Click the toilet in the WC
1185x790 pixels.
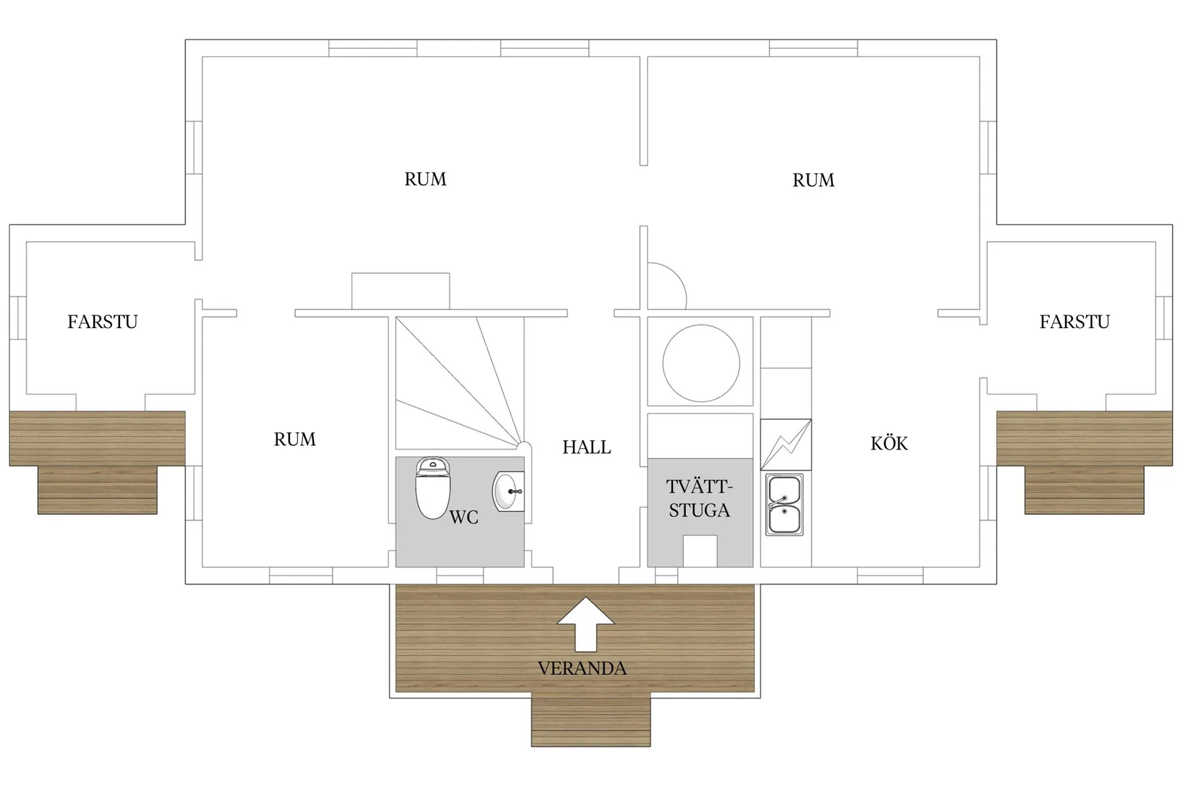tap(433, 488)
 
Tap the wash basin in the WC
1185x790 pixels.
tap(508, 491)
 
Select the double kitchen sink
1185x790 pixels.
tap(784, 504)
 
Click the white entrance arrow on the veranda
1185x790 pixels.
tap(585, 624)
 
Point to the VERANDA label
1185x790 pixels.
tap(582, 669)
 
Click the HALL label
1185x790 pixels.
tap(587, 447)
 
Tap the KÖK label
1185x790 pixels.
tap(889, 442)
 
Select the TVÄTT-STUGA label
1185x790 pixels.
tap(700, 498)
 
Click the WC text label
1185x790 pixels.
tap(464, 517)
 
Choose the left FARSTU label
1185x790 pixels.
tap(103, 322)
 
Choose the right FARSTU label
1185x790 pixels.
tap(1074, 322)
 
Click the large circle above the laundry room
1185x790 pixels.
tap(701, 363)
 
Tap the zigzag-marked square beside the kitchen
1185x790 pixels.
tap(786, 445)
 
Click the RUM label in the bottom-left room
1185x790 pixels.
tap(294, 440)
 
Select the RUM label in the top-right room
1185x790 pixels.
tap(814, 180)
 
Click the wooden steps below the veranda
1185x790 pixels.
tap(591, 720)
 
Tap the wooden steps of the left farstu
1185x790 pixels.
tap(98, 490)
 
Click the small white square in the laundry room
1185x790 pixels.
tap(700, 551)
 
